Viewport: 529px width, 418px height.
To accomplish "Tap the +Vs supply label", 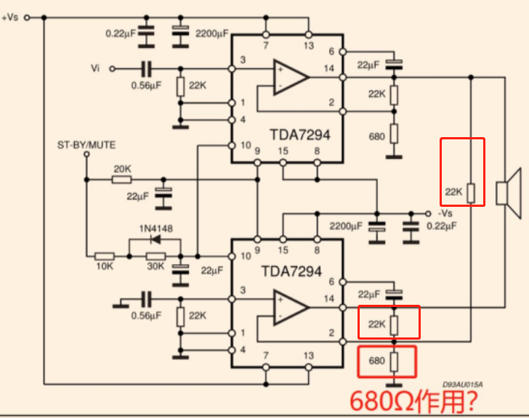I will [11, 17].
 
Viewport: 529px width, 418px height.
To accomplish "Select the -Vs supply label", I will [445, 214].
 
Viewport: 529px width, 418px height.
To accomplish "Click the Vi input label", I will [95, 68].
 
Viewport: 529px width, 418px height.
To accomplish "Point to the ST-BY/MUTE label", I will [86, 145].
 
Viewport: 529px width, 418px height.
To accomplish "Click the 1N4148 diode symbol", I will [153, 238].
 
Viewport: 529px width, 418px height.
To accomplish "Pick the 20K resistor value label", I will [122, 168].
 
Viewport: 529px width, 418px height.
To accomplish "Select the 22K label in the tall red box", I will [453, 192].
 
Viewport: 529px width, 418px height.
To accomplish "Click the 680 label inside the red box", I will [376, 361].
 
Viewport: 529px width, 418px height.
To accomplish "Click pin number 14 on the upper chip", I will [331, 67].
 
